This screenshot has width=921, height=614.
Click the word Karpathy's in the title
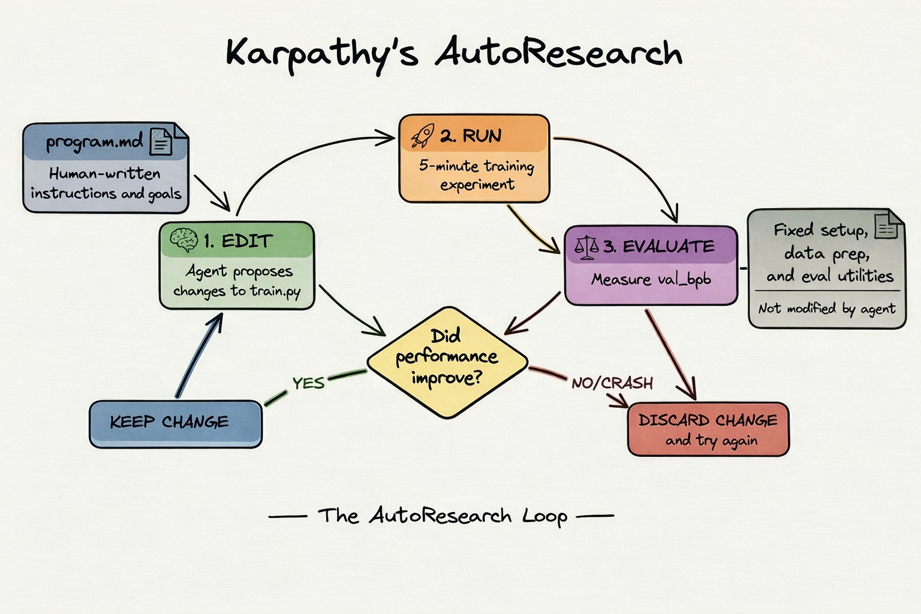pos(321,54)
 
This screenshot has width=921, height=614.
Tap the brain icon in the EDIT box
pos(184,240)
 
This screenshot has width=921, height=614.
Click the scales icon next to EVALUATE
pos(586,246)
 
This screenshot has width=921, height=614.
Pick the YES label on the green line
pos(308,383)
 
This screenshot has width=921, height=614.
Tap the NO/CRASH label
pos(612,383)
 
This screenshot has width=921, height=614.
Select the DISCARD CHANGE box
pos(708,429)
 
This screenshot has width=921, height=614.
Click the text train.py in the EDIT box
pos(275,292)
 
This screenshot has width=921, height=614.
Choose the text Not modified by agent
pos(826,309)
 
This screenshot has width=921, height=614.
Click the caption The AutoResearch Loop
pos(443,516)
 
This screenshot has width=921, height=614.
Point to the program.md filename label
pos(94,143)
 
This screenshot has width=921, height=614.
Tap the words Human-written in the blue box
pos(105,174)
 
